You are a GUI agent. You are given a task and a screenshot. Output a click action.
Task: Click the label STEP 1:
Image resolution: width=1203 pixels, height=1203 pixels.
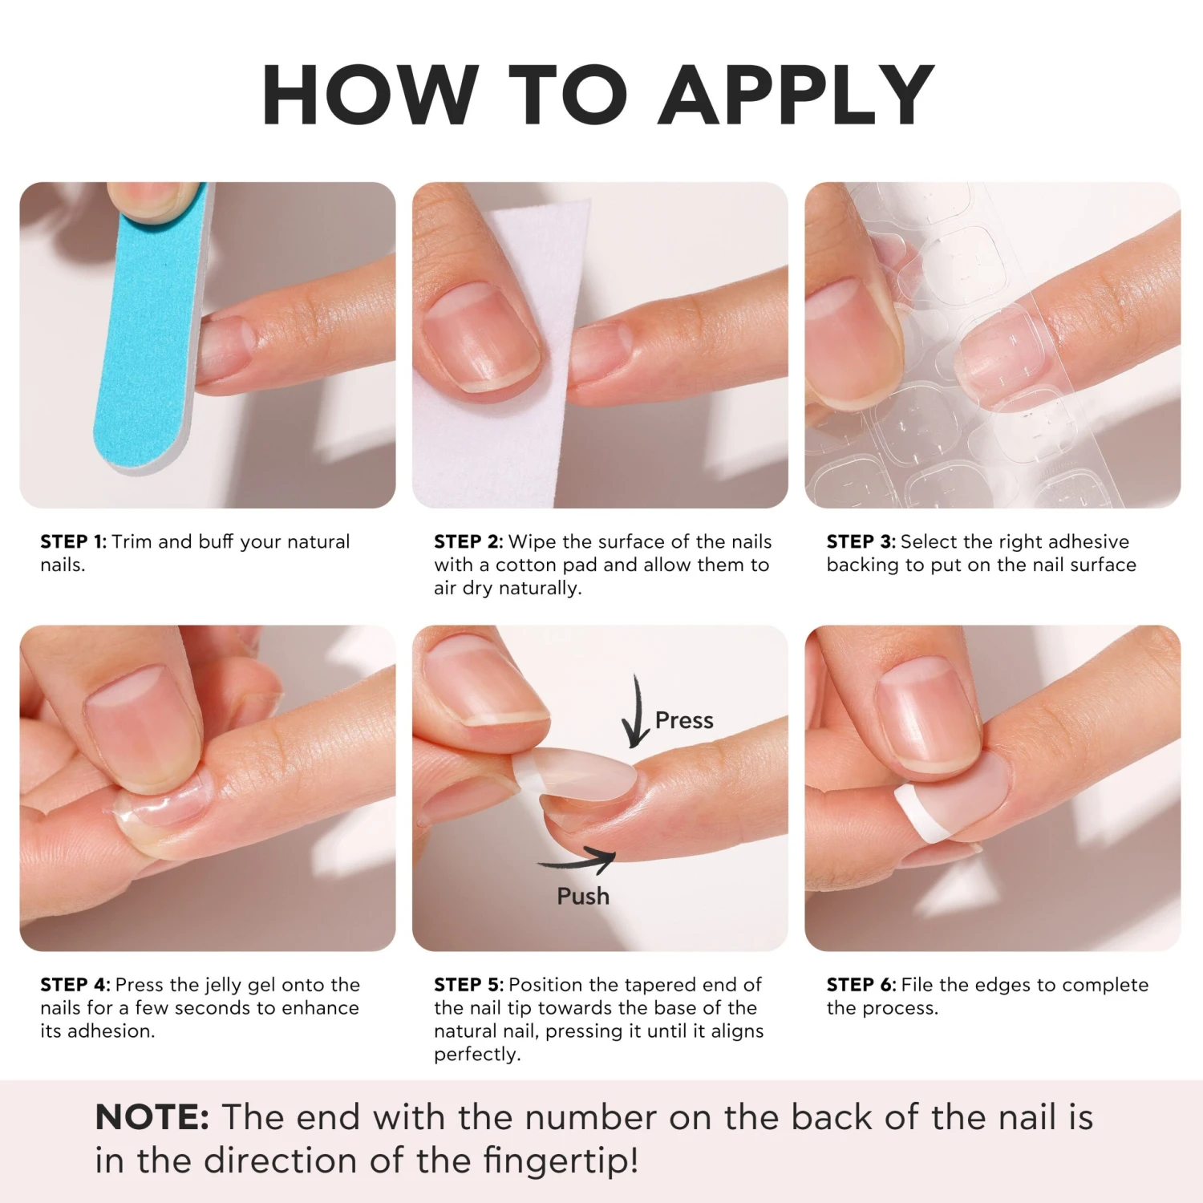tap(73, 541)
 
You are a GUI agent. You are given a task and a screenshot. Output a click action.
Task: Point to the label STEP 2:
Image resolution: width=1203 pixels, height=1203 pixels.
tap(468, 541)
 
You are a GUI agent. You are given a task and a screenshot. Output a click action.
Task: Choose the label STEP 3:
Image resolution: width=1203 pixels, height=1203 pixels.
tap(861, 541)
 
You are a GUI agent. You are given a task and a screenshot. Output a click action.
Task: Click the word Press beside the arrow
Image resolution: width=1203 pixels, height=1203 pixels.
tap(684, 720)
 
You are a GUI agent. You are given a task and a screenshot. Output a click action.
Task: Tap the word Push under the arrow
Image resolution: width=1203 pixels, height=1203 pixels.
tap(583, 896)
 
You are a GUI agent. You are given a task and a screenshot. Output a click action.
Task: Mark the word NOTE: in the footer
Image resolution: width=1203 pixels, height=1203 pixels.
tap(152, 1116)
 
